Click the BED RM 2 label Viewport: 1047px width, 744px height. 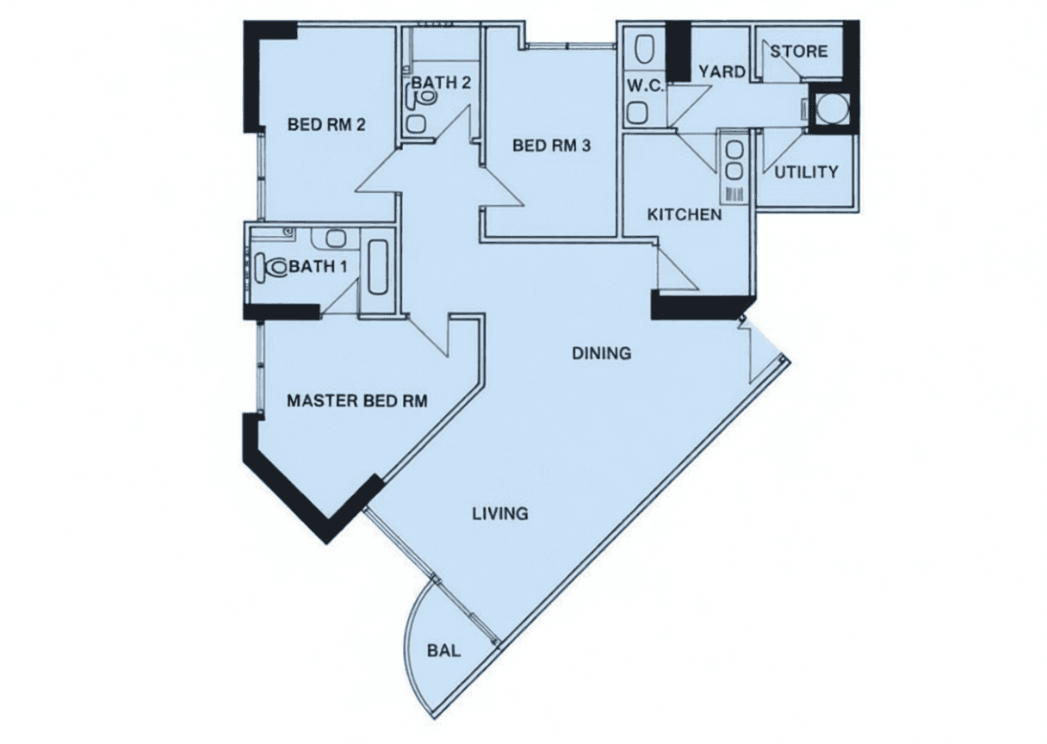pos(326,125)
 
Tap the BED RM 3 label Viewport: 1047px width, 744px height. pos(552,146)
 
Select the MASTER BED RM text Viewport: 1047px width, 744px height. pos(357,401)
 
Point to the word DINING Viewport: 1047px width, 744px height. pos(602,353)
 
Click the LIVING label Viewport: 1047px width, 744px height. pos(500,514)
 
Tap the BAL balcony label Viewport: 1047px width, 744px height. pos(444,650)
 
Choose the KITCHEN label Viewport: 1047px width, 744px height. pos(685,214)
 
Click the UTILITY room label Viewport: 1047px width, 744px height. pos(806,172)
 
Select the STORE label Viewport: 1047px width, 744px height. pos(799,52)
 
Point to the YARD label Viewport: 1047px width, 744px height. pos(722,72)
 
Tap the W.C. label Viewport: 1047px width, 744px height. pos(645,86)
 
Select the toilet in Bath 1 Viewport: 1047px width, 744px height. pos(271,266)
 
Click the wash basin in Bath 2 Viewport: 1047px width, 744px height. pos(416,124)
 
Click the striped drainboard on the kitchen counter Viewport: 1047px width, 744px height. pos(734,195)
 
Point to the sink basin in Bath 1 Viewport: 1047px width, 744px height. pos(335,239)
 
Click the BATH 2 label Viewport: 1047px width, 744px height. pos(441,83)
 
